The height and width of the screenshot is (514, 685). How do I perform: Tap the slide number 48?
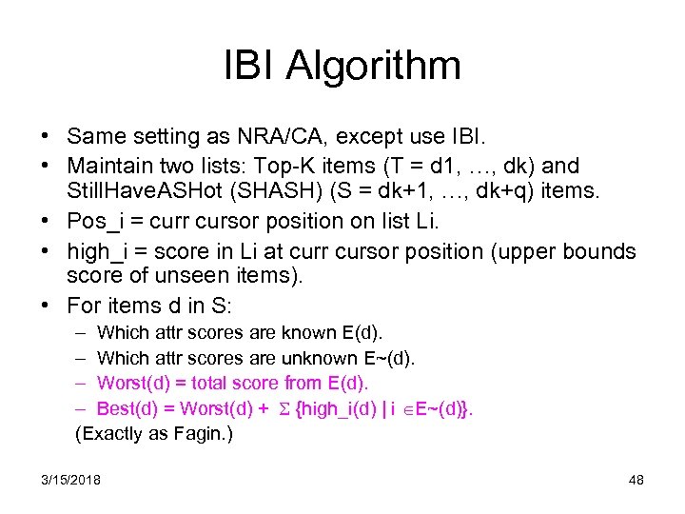636,480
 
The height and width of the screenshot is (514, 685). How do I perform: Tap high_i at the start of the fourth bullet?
98,252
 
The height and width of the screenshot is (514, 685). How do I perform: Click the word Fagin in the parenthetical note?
194,434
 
